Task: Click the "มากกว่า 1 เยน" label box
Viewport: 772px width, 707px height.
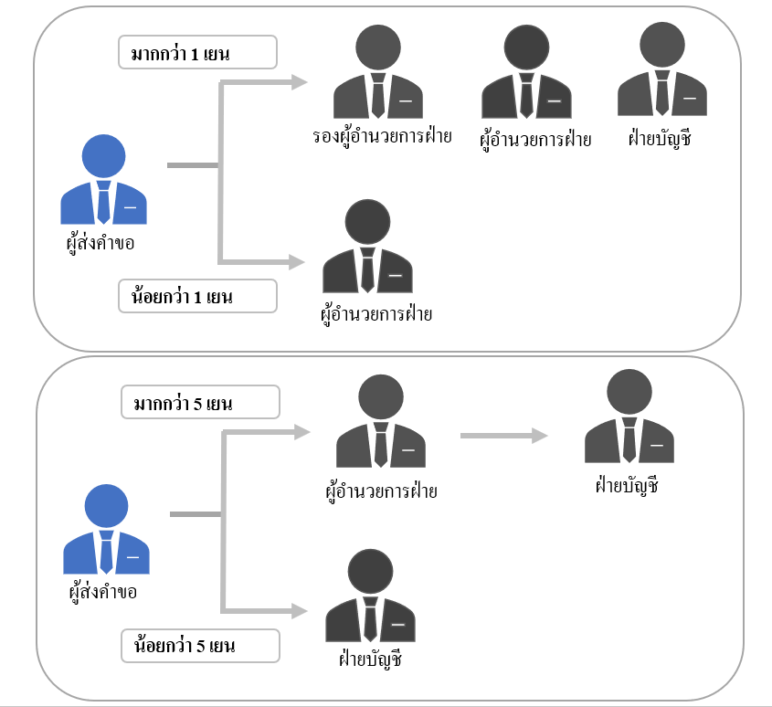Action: click(196, 53)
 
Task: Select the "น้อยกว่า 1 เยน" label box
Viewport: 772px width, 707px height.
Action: click(196, 296)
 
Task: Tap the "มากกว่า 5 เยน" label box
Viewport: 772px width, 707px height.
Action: click(200, 402)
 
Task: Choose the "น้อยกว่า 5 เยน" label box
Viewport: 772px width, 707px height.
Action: click(200, 646)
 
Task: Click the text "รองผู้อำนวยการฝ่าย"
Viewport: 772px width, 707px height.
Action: click(382, 138)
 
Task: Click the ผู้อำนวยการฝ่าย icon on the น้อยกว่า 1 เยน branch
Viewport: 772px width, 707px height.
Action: click(368, 247)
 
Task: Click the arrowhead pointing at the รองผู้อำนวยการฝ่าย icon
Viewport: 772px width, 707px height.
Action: click(296, 82)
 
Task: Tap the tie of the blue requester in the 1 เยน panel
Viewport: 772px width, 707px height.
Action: click(103, 203)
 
